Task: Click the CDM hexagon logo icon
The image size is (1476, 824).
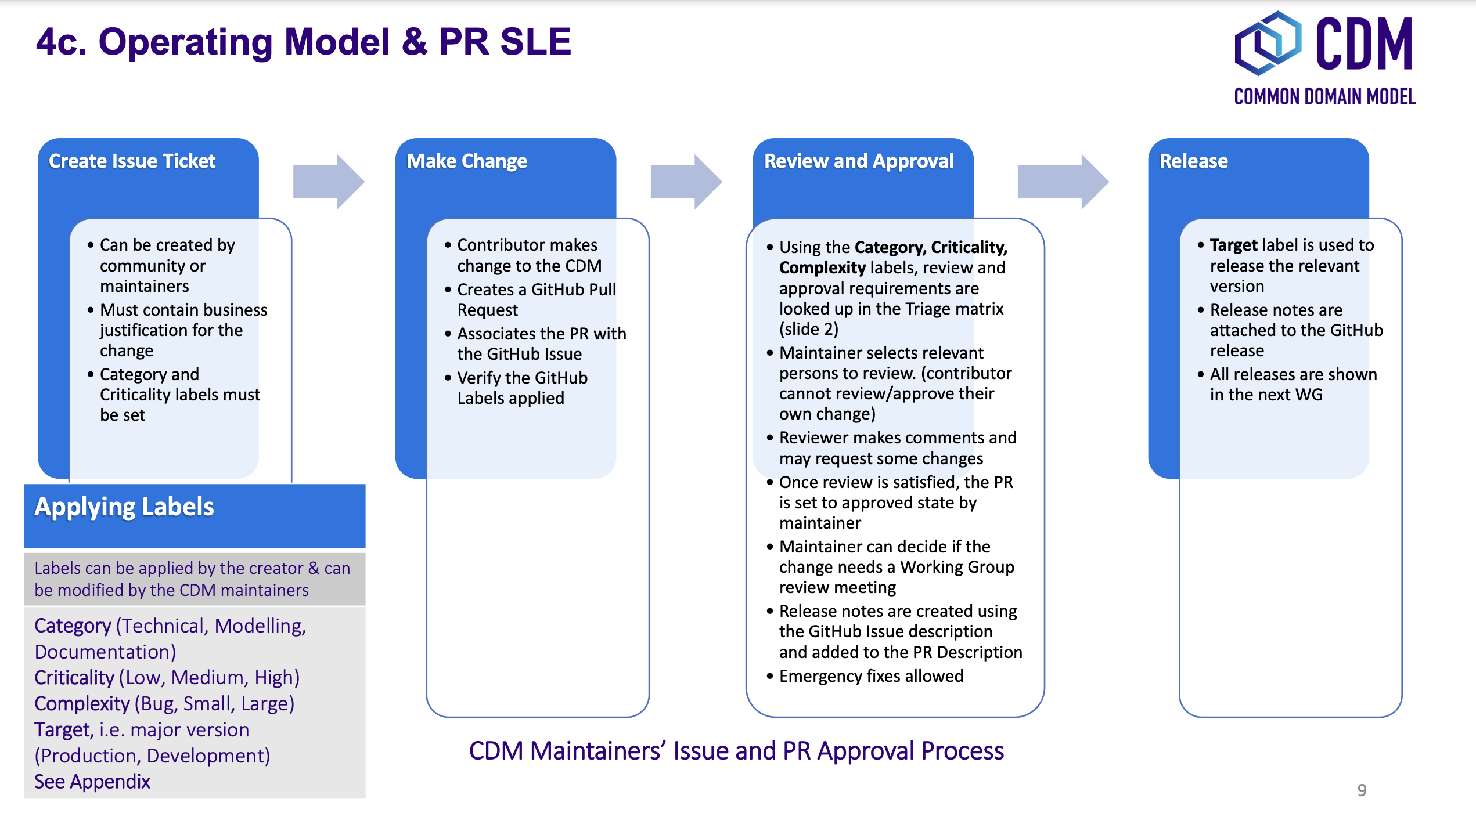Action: tap(1268, 44)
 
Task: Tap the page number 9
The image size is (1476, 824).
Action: tap(1362, 790)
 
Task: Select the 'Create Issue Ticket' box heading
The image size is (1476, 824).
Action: tap(132, 161)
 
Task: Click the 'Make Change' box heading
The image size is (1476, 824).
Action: tap(467, 161)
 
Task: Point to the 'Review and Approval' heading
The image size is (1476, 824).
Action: tap(859, 161)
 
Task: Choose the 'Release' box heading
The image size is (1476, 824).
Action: tap(1194, 161)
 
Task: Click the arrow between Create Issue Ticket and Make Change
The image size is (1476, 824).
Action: tap(328, 182)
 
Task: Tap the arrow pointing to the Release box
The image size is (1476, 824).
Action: tap(1063, 182)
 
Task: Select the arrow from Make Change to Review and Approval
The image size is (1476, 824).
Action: tap(686, 182)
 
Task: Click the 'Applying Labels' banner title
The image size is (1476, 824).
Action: tap(124, 507)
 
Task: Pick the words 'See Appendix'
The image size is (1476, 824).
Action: tap(92, 782)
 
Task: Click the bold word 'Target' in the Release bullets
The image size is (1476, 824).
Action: tap(1233, 245)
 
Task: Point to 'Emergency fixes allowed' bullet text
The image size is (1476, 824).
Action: tap(871, 676)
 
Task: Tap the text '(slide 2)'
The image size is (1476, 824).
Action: tap(808, 329)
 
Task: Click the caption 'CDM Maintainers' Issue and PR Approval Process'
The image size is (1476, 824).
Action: tap(736, 751)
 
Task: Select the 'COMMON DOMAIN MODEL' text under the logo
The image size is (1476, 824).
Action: tap(1324, 97)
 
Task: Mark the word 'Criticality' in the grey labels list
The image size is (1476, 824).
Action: tap(74, 678)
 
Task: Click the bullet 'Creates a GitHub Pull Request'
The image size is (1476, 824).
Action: tap(536, 299)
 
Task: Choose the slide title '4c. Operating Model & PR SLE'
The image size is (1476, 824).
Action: tap(304, 42)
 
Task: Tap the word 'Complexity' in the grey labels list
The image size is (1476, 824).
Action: tap(82, 704)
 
